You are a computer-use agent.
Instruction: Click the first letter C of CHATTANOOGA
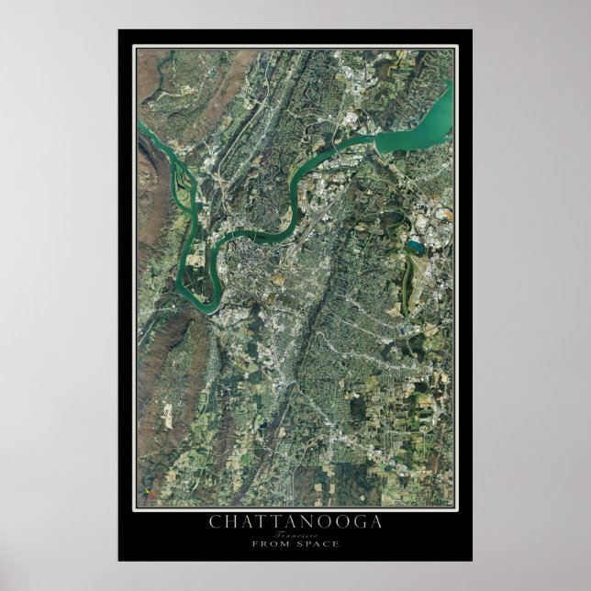pos(215,523)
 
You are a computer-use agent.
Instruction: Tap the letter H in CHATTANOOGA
pos(230,523)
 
